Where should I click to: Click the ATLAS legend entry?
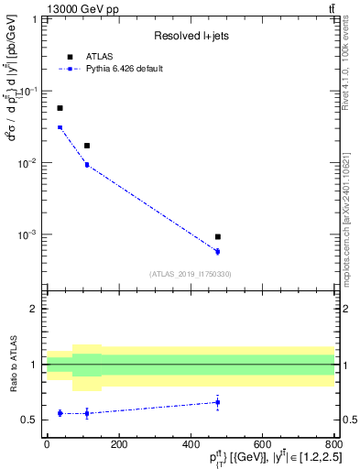point(96,57)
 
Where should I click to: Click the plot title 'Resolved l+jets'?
point(183,36)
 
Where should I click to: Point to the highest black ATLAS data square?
point(60,108)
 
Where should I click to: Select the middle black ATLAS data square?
point(87,146)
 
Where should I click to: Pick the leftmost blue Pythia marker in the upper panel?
point(60,127)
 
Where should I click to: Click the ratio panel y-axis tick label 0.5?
point(32,420)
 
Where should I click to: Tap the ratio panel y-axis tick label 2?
point(36,309)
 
